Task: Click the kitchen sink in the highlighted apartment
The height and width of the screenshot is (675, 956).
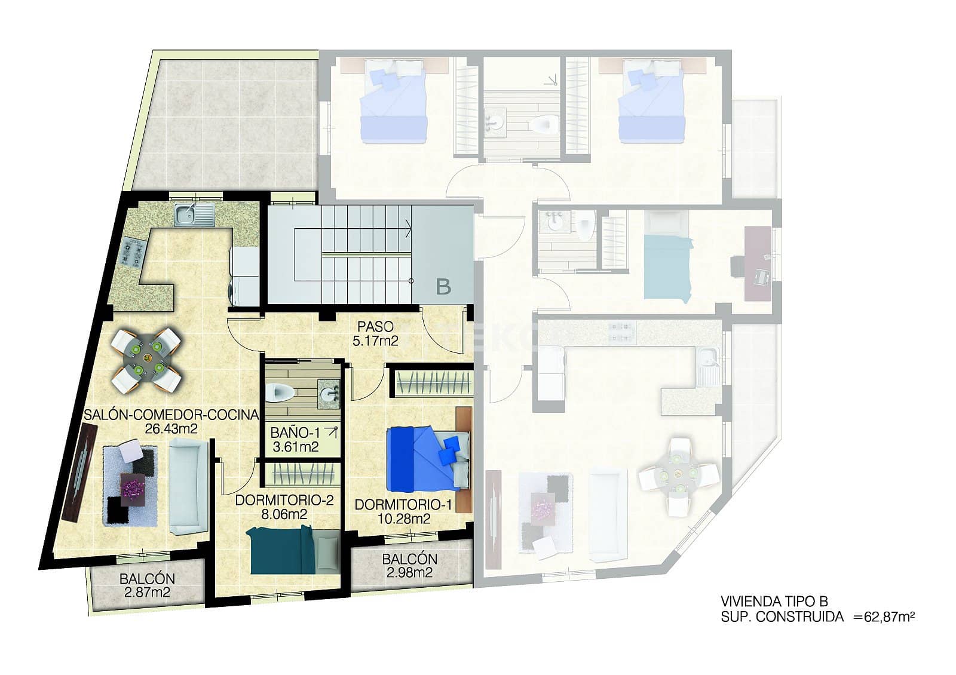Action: [194, 214]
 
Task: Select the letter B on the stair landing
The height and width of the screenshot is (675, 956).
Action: [443, 287]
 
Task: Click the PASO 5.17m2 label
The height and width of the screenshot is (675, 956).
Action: [375, 334]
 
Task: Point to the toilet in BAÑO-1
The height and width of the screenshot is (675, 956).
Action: [280, 393]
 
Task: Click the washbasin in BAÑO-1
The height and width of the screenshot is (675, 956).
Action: [328, 393]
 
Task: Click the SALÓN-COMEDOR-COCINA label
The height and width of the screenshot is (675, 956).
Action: [171, 415]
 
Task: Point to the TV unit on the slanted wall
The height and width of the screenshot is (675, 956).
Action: [79, 472]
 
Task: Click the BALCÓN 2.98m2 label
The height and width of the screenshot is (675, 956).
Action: [409, 566]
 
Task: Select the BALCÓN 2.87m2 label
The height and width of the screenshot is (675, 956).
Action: [147, 585]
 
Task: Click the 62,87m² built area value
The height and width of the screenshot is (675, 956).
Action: [890, 617]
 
